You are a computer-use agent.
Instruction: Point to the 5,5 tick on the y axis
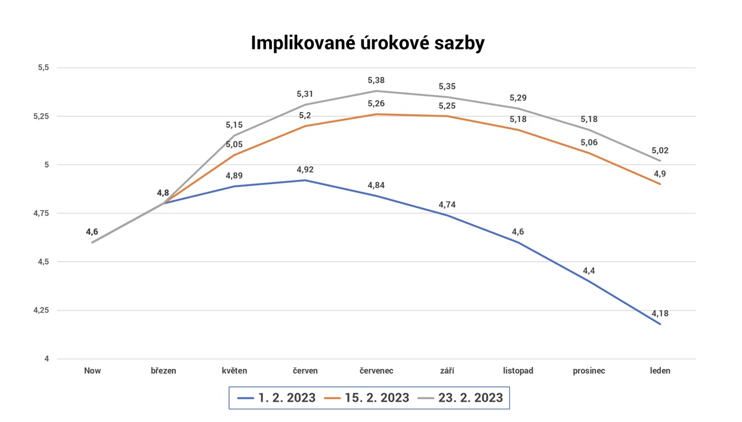click(x=43, y=68)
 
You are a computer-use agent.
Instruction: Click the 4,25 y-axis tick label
click(x=41, y=311)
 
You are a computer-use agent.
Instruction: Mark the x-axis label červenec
click(x=376, y=371)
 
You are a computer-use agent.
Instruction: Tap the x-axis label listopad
click(x=518, y=371)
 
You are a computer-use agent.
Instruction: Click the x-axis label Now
click(x=92, y=371)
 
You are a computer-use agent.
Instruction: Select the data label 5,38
click(x=376, y=80)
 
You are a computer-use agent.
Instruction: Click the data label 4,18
click(x=660, y=314)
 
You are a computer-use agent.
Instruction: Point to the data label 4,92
click(x=305, y=170)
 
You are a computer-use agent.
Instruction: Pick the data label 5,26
click(x=376, y=104)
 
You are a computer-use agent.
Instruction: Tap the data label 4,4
click(x=589, y=271)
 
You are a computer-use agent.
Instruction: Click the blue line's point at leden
click(x=660, y=324)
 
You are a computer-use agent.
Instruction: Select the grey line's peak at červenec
click(x=376, y=91)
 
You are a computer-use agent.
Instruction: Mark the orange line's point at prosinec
click(x=589, y=153)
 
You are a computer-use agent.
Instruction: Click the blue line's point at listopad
click(x=518, y=242)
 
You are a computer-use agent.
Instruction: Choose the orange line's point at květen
click(x=234, y=155)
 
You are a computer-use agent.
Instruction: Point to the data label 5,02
click(x=660, y=150)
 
